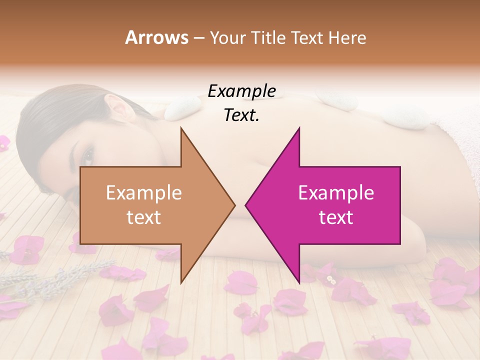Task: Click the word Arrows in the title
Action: click(x=156, y=37)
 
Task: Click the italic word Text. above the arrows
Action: click(x=241, y=115)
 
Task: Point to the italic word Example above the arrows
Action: click(x=241, y=91)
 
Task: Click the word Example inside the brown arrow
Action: click(x=144, y=192)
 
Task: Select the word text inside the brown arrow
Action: click(x=144, y=217)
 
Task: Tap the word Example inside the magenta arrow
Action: click(x=336, y=192)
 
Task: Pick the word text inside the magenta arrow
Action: click(x=336, y=217)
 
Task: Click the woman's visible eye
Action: click(x=88, y=157)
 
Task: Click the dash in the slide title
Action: click(x=198, y=38)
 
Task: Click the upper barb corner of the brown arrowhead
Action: click(x=181, y=128)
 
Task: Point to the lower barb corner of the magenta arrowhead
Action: click(x=299, y=282)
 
